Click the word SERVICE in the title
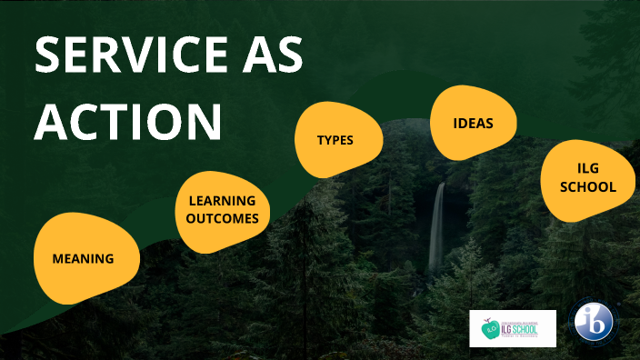tap(135, 58)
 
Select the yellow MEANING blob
tap(84, 257)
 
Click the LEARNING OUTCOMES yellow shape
tap(222, 209)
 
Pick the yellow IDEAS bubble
tap(473, 122)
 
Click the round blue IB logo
tap(594, 323)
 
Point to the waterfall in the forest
tap(437, 227)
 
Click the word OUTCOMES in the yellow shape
tap(223, 218)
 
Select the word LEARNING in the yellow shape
tap(222, 200)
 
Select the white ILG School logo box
tap(512, 328)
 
